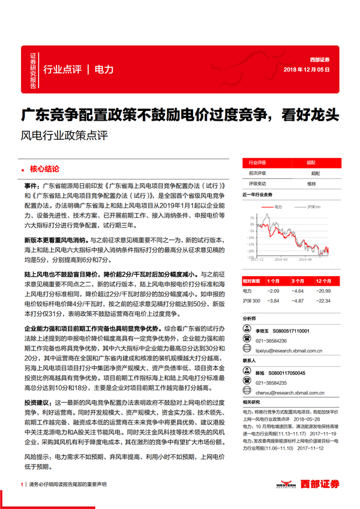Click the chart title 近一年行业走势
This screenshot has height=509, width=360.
click(x=257, y=195)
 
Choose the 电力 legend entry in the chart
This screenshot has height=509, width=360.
click(x=277, y=206)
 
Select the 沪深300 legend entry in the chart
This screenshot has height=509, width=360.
click(x=313, y=206)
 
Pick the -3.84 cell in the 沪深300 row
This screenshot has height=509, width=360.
click(x=273, y=301)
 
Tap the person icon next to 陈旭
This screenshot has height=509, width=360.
click(x=247, y=372)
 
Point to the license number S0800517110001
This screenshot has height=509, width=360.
click(x=300, y=330)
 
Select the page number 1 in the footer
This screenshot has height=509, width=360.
click(x=21, y=484)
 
